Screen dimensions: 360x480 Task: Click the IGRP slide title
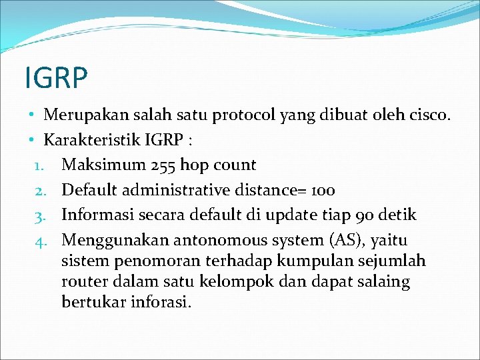click(56, 77)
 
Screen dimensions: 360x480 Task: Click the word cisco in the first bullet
click(430, 115)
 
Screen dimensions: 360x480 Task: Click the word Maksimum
click(95, 165)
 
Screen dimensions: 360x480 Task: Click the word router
click(81, 282)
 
